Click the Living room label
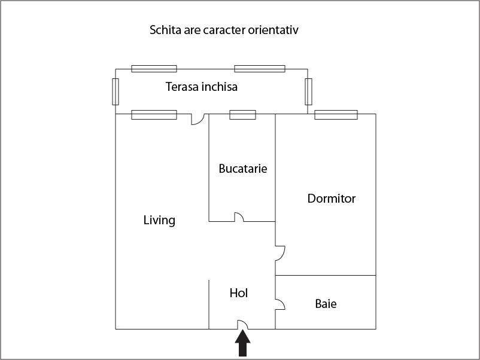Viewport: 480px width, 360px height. [x=159, y=220]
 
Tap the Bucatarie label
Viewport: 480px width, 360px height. [x=243, y=169]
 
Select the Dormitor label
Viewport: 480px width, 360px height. [x=332, y=199]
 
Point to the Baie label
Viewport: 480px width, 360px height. [x=326, y=304]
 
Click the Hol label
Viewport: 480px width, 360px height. [x=238, y=293]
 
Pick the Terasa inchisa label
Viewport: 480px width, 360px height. [x=202, y=87]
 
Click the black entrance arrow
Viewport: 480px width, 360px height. [x=243, y=343]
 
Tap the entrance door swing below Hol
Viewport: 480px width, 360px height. [x=243, y=325]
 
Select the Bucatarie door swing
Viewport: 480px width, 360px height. [x=239, y=217]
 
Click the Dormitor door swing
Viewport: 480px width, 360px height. [x=280, y=253]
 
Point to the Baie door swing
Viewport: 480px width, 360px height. [x=280, y=304]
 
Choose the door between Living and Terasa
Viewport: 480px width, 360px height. [x=198, y=119]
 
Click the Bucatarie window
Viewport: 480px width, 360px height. [x=243, y=115]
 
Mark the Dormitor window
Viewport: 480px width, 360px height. [x=336, y=115]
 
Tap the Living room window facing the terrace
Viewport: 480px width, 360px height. [x=154, y=115]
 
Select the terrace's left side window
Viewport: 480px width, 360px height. [x=116, y=91]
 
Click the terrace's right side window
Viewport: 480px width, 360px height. [x=308, y=91]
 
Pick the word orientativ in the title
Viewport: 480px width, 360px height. [x=273, y=30]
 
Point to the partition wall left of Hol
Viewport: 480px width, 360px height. [x=209, y=304]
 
